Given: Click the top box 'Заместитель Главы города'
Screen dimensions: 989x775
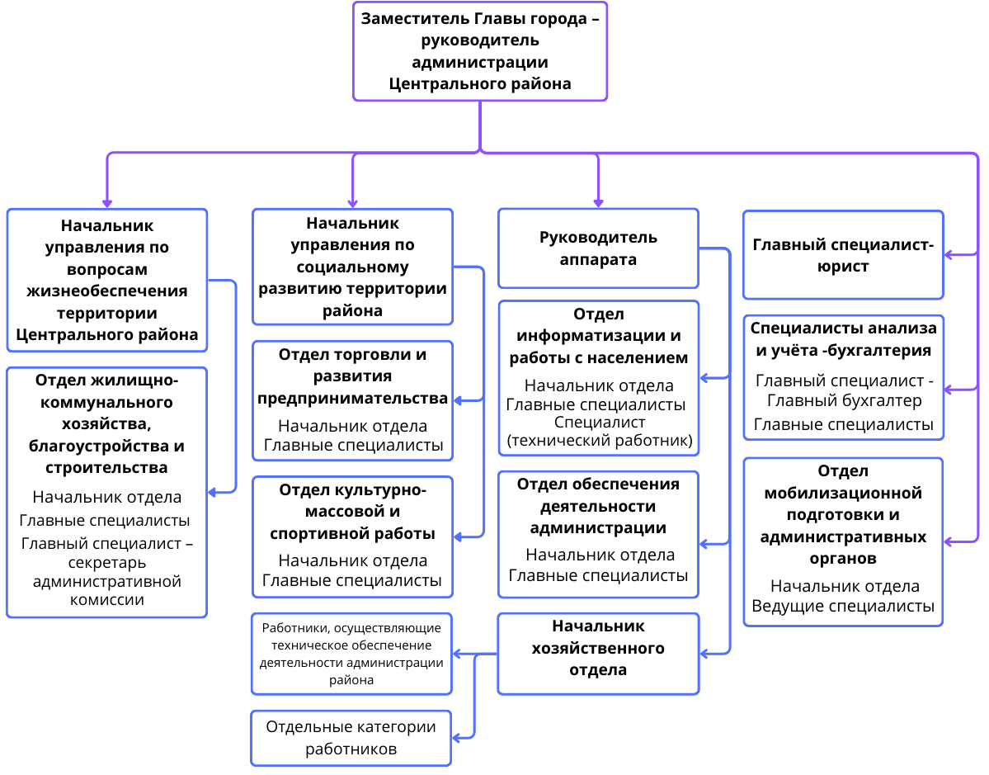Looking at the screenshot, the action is click(480, 51).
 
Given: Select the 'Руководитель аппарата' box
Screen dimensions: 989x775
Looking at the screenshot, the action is click(598, 248).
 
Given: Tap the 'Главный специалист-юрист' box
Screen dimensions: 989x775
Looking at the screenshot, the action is click(843, 255).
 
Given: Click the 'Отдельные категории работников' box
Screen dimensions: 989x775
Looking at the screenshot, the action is click(351, 738).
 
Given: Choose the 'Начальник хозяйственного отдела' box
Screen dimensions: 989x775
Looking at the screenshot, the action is click(598, 654).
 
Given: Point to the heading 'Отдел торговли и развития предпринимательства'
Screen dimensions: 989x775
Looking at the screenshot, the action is click(352, 376).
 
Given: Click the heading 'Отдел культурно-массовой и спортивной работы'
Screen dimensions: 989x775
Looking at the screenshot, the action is click(352, 511).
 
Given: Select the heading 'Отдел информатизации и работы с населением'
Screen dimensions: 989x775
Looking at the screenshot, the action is click(598, 336).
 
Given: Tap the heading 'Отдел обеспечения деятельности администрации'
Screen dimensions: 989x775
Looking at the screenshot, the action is click(598, 505).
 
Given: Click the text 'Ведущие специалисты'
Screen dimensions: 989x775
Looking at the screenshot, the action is click(843, 606).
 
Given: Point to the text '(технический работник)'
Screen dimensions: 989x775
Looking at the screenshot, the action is click(599, 440).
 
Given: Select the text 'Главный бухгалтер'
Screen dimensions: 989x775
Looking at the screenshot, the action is click(844, 400).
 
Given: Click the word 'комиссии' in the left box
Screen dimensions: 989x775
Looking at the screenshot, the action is click(106, 599).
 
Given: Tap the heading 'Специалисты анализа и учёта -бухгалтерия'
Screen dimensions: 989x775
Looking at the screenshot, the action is click(843, 339).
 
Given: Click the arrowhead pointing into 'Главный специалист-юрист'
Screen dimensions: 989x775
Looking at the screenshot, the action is click(949, 255).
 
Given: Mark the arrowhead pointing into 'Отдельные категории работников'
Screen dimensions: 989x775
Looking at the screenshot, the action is click(457, 738).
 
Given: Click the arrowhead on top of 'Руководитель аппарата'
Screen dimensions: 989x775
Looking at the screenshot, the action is click(598, 203).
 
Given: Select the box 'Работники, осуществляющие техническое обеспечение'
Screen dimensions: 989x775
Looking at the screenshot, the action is click(351, 654).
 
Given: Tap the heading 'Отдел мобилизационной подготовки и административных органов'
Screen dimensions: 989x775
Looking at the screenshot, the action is click(843, 514).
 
